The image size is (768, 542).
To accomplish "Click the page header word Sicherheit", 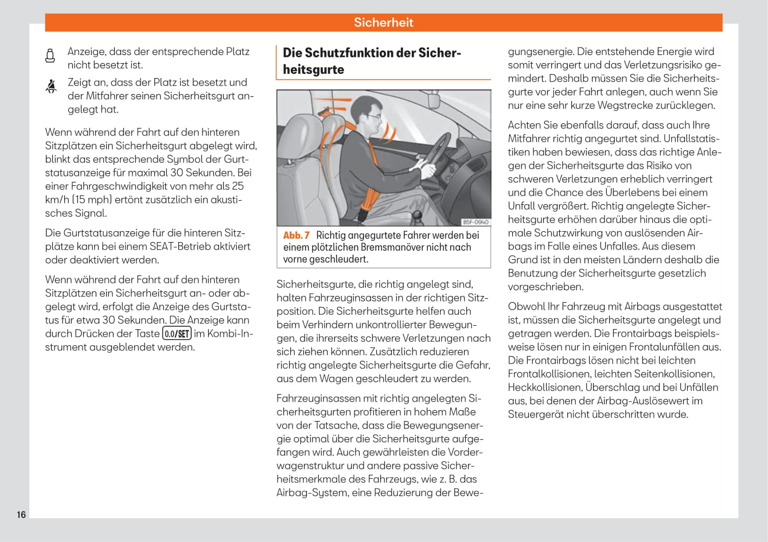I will [383, 22].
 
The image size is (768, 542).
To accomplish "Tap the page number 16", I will [21, 514].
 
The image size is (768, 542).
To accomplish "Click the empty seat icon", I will [50, 56].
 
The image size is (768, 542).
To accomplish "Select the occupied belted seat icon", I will [51, 87].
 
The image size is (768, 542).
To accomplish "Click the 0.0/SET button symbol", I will [177, 334].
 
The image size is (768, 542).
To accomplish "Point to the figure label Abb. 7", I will [297, 235].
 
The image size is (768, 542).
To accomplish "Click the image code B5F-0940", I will [475, 222].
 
